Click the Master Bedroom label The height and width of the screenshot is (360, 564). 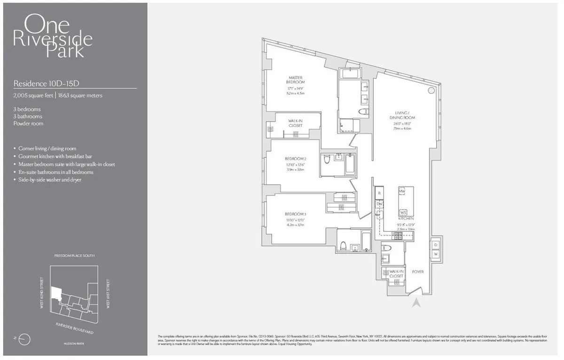[x=296, y=80]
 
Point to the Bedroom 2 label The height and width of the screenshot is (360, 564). [x=296, y=159]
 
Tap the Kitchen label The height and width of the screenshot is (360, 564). [x=406, y=219]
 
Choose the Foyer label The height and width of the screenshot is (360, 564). [x=418, y=272]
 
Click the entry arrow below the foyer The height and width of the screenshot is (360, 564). [x=415, y=304]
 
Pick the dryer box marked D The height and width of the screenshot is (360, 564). [x=436, y=245]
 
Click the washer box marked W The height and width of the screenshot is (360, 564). [x=436, y=254]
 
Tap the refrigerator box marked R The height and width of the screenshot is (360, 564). [x=379, y=193]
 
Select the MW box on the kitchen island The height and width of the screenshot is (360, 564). [x=402, y=192]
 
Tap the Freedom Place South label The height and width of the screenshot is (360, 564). [x=74, y=256]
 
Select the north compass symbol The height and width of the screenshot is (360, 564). [x=26, y=338]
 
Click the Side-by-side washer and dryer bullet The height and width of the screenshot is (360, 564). [x=49, y=180]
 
